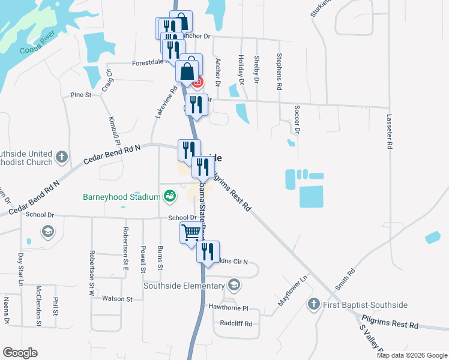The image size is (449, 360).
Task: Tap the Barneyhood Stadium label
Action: point(122,196)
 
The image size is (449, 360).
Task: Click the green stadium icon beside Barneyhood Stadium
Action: point(170,196)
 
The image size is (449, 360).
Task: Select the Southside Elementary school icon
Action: point(235,285)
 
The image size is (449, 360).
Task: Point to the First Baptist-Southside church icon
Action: point(313,305)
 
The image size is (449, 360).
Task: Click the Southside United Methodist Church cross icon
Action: point(61,157)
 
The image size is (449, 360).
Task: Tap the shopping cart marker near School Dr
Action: point(191,232)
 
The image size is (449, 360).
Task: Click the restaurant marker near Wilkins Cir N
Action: point(208,251)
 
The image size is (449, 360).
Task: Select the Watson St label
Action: point(117,298)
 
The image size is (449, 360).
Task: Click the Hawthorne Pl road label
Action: point(228,308)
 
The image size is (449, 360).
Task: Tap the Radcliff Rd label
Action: point(235,323)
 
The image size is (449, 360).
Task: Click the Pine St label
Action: point(80,95)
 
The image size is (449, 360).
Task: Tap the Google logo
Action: point(20,353)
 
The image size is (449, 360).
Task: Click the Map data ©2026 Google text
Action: point(412,355)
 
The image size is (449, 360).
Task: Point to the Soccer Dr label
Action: point(297,119)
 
